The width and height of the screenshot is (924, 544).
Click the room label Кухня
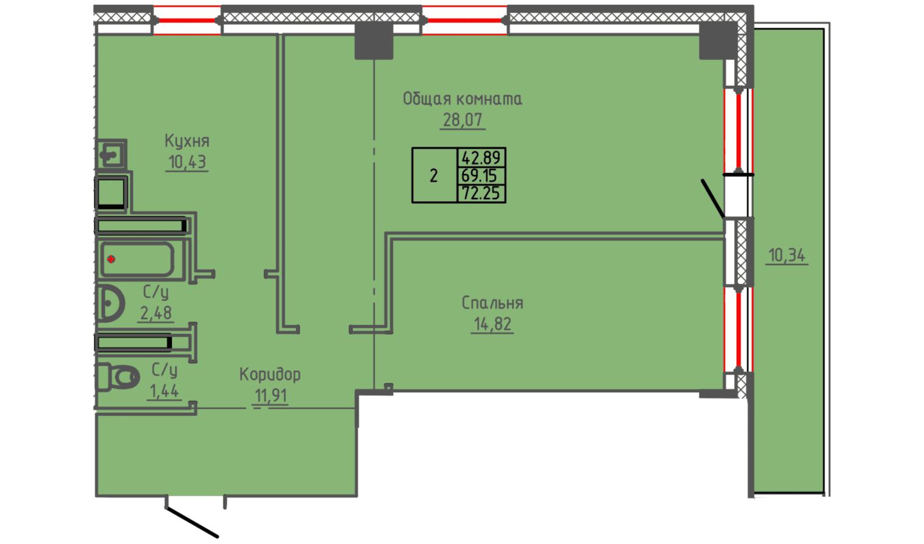(x=187, y=141)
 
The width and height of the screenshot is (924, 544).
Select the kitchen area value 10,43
(x=187, y=163)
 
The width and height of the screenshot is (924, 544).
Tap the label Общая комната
(x=462, y=99)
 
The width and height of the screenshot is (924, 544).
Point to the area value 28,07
(x=463, y=120)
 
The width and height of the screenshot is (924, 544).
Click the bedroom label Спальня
(x=492, y=303)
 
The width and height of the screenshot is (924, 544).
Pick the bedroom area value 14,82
(x=492, y=324)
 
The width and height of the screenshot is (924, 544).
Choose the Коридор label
(x=270, y=374)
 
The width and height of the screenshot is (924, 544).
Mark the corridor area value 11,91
(x=271, y=396)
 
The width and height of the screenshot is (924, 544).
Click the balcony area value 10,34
(x=787, y=255)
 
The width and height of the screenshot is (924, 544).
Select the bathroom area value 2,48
(x=156, y=313)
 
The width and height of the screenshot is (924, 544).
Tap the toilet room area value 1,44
(x=164, y=390)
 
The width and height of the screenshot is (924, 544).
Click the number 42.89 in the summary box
(x=481, y=158)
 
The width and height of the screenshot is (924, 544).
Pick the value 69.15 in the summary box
(x=480, y=176)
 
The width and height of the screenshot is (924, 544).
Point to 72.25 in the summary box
(x=481, y=194)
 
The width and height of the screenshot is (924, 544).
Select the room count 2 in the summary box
(x=434, y=176)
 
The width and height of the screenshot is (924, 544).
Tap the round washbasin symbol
(x=110, y=303)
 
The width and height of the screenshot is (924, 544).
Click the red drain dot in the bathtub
(x=112, y=260)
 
